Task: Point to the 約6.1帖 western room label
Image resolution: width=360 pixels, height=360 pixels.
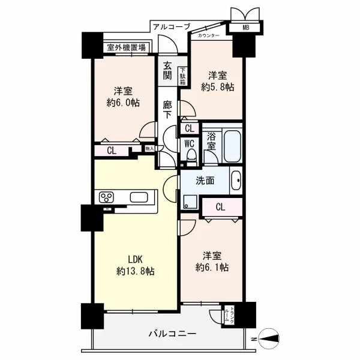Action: point(212,261)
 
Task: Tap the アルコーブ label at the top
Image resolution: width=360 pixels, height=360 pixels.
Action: point(171,26)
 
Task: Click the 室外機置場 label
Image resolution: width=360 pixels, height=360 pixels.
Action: point(126,47)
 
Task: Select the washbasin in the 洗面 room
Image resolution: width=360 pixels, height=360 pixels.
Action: point(236,180)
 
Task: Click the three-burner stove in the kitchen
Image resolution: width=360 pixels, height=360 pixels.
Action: point(107,197)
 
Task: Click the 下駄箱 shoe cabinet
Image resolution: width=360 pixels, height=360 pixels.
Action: point(183,74)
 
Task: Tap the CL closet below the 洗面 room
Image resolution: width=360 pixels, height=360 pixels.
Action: point(220,208)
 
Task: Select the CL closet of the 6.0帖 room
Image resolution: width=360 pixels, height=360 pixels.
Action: point(112,151)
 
